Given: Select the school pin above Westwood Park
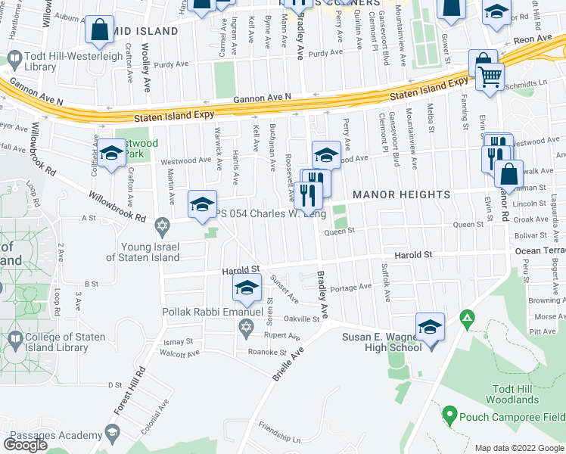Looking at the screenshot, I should [111, 154].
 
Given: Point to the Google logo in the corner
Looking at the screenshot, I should [24, 444].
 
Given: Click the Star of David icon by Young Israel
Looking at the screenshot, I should [161, 225].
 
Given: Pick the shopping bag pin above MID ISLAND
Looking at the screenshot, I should [100, 31].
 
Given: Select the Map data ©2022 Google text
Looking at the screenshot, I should [519, 448].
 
